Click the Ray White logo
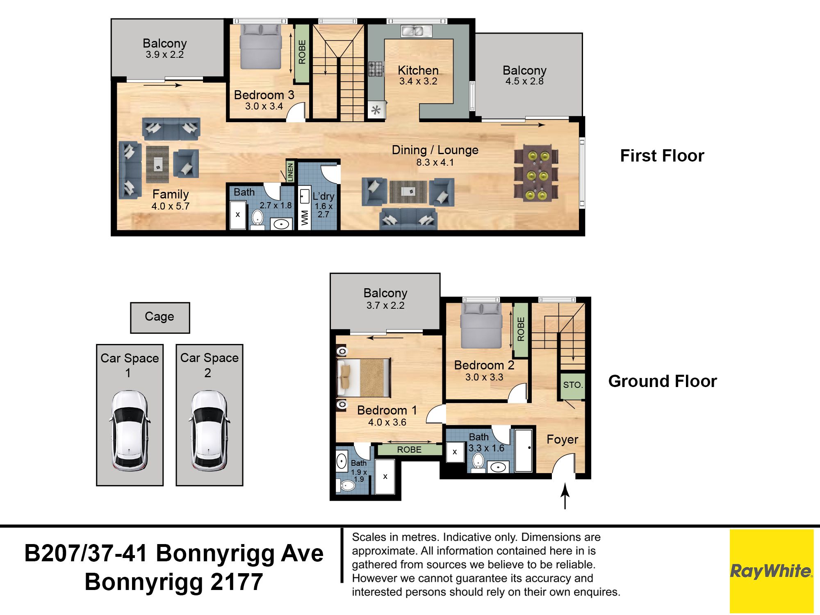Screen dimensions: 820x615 pos(771,571)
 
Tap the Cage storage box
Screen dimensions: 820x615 pos(160,318)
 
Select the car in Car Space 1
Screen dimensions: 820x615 pos(130,430)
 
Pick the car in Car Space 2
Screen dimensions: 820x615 pos(209,430)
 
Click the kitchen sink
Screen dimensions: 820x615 pos(416,31)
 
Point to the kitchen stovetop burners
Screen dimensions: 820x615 pos(376,69)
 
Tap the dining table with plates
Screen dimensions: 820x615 pos(536,173)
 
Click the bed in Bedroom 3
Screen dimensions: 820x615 pos(261,46)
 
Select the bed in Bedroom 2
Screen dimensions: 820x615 pos(481,326)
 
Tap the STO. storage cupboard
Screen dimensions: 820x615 pos(573,385)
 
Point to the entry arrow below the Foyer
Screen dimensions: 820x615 pos(565,496)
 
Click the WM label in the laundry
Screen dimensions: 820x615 pos(305,218)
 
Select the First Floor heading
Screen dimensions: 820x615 pos(662,156)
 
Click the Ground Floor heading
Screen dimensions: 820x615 pos(663,381)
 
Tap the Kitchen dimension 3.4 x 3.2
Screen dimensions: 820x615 pos(418,81)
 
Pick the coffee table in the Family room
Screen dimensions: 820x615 pos(157,164)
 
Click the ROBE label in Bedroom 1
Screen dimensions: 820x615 pos(409,449)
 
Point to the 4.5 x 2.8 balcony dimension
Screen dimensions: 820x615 pos(524,81)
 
